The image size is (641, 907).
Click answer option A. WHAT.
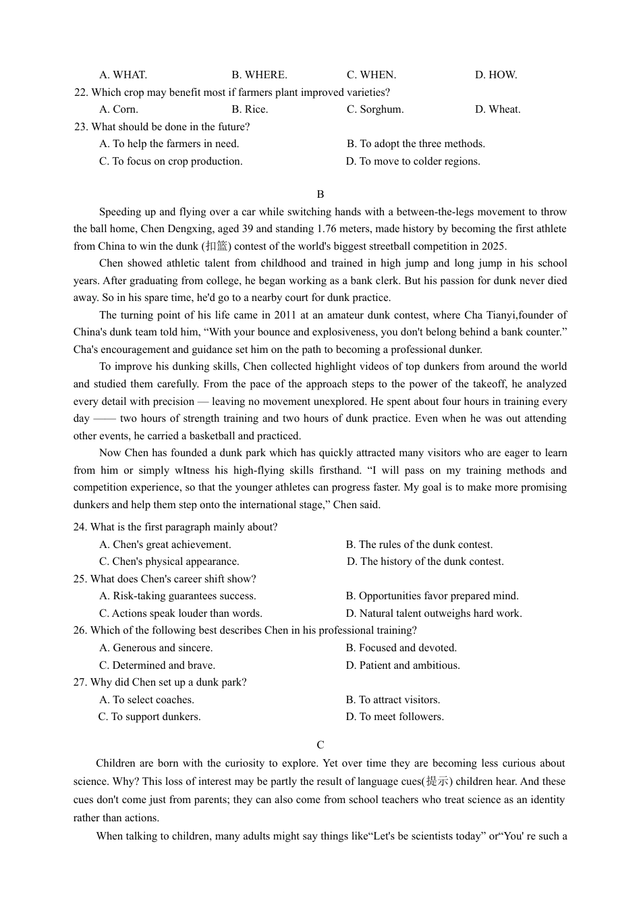123,75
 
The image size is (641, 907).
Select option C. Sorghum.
375,109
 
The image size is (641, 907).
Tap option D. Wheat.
497,109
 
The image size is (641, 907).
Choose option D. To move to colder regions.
413,161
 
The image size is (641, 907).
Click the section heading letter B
320,194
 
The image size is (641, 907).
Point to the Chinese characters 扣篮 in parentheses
217,246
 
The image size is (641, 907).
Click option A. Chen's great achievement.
165,545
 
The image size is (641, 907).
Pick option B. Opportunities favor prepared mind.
432,596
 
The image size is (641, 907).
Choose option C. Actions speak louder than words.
181,613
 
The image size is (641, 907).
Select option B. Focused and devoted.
401,648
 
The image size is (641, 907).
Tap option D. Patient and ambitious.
403,665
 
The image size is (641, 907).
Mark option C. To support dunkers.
150,717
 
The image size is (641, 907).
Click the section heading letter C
320,745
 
